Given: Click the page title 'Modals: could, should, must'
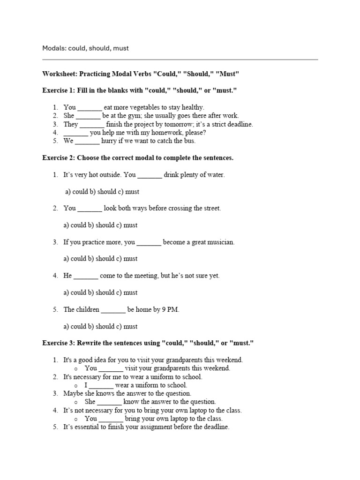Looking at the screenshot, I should (x=85, y=48).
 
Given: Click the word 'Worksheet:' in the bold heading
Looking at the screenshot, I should (x=60, y=74).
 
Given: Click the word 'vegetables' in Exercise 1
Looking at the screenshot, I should (x=140, y=107).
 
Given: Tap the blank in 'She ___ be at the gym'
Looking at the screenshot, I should (x=88, y=116).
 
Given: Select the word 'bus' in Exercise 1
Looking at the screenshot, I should (x=190, y=141).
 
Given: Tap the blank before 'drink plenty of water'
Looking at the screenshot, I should (x=150, y=175).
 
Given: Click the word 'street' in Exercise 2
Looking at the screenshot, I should (x=210, y=208).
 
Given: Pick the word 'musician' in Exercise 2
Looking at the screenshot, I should (x=217, y=242).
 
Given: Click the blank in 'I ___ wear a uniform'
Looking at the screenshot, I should (x=101, y=385).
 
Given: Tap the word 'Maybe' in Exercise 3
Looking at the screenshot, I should (x=73, y=394).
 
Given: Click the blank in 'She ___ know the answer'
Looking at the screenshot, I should (x=110, y=402).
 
